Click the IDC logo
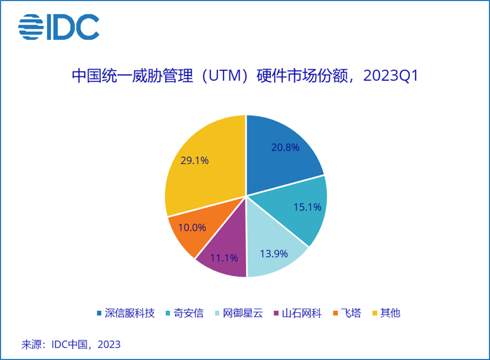click(x=58, y=26)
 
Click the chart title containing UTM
click(x=244, y=76)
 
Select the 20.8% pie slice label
click(x=285, y=147)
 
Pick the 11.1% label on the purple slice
click(x=224, y=257)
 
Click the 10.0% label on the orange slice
click(x=191, y=227)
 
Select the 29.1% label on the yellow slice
click(x=195, y=161)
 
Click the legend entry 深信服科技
click(x=131, y=313)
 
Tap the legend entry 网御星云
click(x=243, y=313)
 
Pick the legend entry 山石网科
click(x=301, y=313)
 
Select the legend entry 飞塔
click(x=349, y=313)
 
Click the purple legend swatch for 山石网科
click(x=276, y=314)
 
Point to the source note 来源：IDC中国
click(x=71, y=344)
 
